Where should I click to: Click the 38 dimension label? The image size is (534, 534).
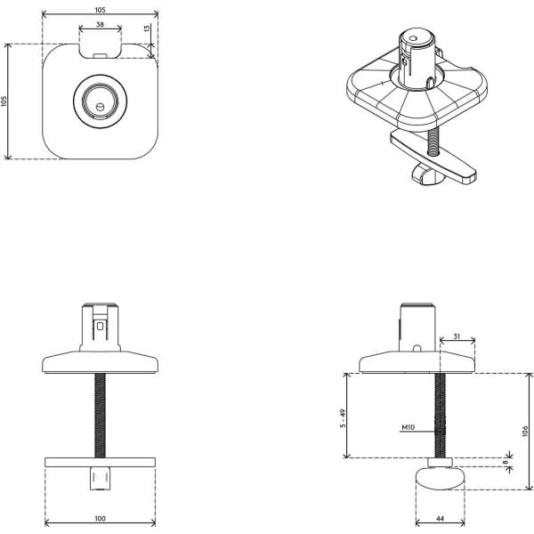[x=100, y=25]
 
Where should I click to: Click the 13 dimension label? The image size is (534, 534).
[x=147, y=28]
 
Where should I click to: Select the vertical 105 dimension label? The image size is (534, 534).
[x=4, y=101]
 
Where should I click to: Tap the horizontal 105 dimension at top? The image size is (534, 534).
[x=100, y=10]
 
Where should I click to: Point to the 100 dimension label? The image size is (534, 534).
[x=100, y=518]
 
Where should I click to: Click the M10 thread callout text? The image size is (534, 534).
[x=409, y=427]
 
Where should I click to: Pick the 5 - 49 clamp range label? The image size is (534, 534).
[x=343, y=418]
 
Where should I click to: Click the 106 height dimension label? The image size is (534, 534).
[x=525, y=431]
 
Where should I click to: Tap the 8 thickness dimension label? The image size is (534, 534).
[x=506, y=462]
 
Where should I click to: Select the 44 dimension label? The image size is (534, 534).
[x=440, y=519]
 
